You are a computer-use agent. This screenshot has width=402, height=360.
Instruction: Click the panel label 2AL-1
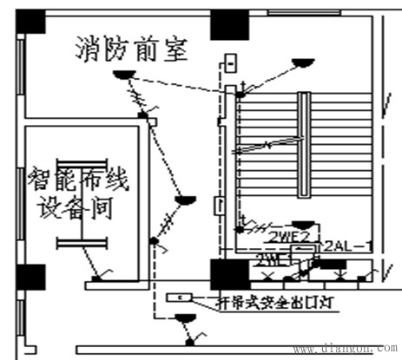tap(346, 246)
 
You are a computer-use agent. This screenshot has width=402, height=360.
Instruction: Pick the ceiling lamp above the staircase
tap(302, 62)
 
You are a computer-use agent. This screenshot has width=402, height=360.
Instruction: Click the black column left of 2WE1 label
tap(223, 275)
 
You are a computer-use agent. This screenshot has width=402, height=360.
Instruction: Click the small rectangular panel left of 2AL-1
tap(302, 249)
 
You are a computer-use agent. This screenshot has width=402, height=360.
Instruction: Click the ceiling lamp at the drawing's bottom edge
tap(185, 319)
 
